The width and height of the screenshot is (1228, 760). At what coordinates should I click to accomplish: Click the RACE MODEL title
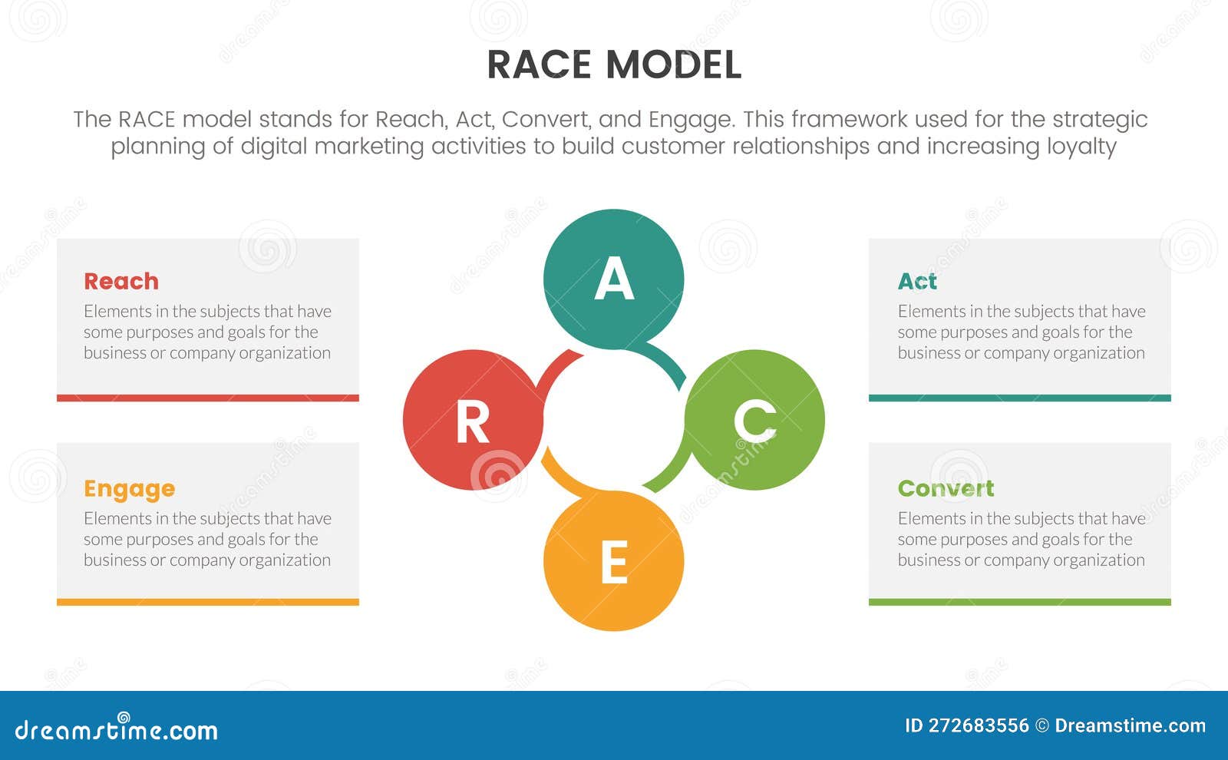pyautogui.click(x=614, y=64)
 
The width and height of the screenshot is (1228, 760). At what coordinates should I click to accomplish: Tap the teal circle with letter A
pyautogui.click(x=613, y=279)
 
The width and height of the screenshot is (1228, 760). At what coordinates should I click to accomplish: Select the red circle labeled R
pyautogui.click(x=473, y=420)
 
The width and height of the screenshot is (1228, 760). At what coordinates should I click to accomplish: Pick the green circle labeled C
pyautogui.click(x=755, y=420)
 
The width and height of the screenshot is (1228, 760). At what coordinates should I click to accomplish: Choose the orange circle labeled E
pyautogui.click(x=613, y=561)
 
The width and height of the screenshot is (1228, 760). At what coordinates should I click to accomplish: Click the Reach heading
pyautogui.click(x=121, y=281)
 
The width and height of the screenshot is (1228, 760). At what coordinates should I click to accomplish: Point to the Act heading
pyautogui.click(x=917, y=281)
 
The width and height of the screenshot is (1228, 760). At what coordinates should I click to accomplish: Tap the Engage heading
pyautogui.click(x=129, y=489)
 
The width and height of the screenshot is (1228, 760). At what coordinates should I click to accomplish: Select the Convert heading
pyautogui.click(x=946, y=488)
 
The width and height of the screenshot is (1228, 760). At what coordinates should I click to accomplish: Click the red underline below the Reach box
pyautogui.click(x=207, y=398)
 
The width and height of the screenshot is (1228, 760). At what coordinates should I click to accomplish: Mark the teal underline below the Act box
pyautogui.click(x=1019, y=398)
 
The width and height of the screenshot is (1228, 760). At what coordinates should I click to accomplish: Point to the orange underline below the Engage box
pyautogui.click(x=207, y=602)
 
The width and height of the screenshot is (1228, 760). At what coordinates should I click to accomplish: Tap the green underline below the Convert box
pyautogui.click(x=1019, y=602)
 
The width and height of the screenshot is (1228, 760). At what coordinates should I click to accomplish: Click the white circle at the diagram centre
pyautogui.click(x=613, y=420)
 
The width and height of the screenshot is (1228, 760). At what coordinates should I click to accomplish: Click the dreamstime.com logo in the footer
pyautogui.click(x=117, y=729)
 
